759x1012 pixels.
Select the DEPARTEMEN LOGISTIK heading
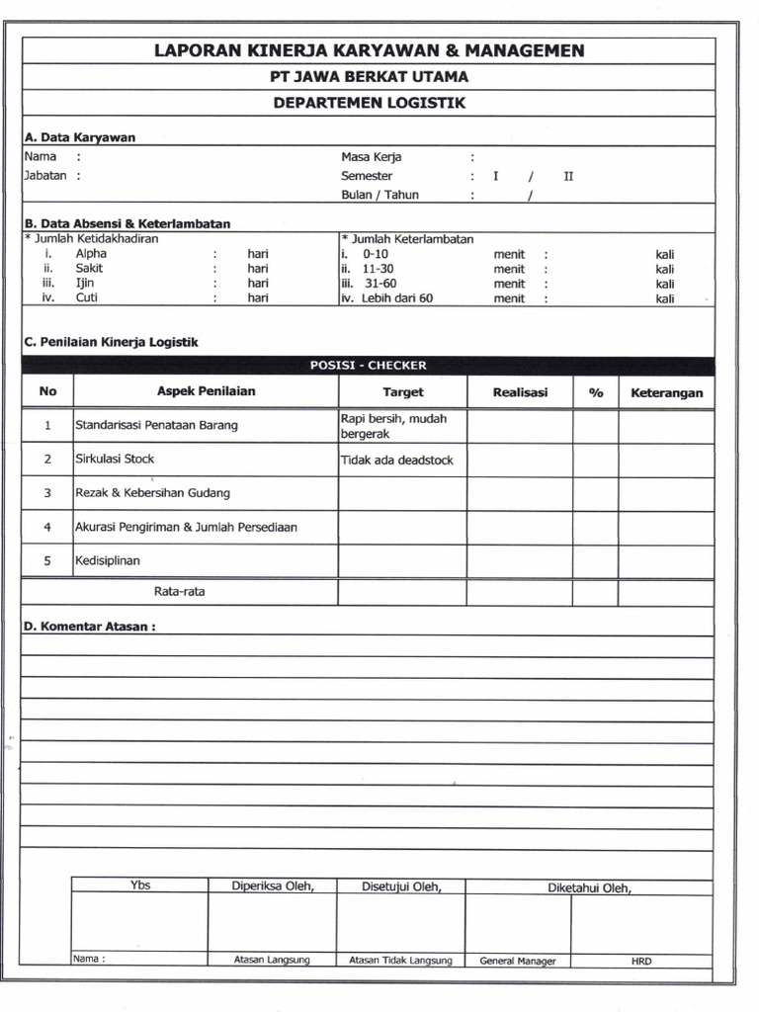pos(369,102)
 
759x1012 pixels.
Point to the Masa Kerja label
pos(371,156)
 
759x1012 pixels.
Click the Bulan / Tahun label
pos(379,195)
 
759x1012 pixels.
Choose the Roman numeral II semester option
pos(568,176)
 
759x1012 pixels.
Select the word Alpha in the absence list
pos(91,253)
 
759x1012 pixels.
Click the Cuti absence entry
pos(87,297)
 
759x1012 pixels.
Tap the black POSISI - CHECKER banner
pos(368,365)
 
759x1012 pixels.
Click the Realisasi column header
pos(520,392)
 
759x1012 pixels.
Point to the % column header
pos(596,392)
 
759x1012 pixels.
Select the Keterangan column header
pos(666,392)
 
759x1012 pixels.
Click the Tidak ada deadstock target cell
pos(390,460)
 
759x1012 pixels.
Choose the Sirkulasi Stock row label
pos(115,459)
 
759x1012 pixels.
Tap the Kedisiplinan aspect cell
pos(108,560)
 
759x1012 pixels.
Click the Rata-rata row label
pos(179,592)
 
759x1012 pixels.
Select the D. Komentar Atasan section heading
pos(89,626)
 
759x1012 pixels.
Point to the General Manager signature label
pos(518,961)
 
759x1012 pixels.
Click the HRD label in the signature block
pos(641,961)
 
